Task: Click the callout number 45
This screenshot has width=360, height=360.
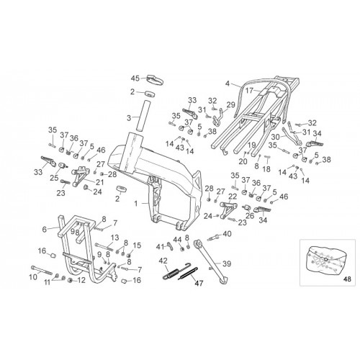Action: pyautogui.click(x=135, y=78)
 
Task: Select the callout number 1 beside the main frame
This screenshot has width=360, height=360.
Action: pyautogui.click(x=136, y=204)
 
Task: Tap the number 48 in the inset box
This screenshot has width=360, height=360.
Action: pyautogui.click(x=347, y=279)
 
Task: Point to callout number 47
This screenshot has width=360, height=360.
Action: pyautogui.click(x=199, y=284)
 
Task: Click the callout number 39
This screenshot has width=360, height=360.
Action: pyautogui.click(x=227, y=264)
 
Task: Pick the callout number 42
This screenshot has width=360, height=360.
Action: pyautogui.click(x=164, y=261)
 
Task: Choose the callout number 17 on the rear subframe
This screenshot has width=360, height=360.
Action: pyautogui.click(x=249, y=91)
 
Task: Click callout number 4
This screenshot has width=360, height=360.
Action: pyautogui.click(x=228, y=84)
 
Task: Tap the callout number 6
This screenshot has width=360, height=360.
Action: pyautogui.click(x=45, y=229)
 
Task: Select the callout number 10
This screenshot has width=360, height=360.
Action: pyautogui.click(x=33, y=277)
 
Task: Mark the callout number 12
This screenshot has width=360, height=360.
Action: pyautogui.click(x=81, y=280)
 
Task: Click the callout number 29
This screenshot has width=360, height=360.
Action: pyautogui.click(x=231, y=105)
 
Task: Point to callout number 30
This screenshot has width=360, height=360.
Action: pyautogui.click(x=276, y=137)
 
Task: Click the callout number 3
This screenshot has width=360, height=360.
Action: pyautogui.click(x=129, y=118)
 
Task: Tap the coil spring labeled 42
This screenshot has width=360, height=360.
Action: pyautogui.click(x=171, y=274)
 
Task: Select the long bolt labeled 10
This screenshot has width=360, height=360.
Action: pyautogui.click(x=42, y=270)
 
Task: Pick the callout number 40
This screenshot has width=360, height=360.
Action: pyautogui.click(x=227, y=233)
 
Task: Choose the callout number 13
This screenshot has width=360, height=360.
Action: pyautogui.click(x=114, y=238)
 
